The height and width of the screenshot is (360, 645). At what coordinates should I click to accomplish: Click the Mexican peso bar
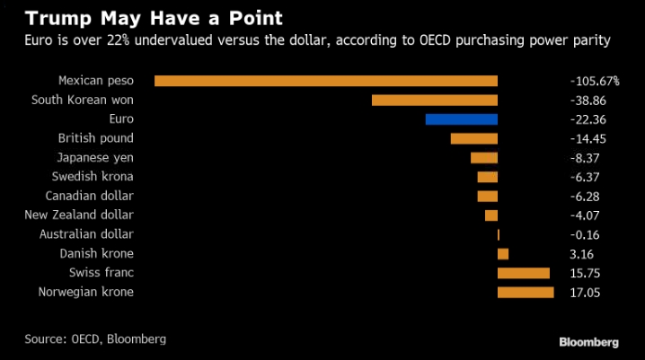coord(326,81)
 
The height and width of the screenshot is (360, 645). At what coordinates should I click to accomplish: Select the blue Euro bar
coord(462,119)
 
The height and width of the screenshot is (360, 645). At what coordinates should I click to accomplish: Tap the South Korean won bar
coord(435,100)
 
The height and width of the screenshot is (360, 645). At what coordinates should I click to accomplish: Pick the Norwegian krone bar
coord(526,292)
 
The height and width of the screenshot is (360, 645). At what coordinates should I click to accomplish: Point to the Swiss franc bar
coord(524,273)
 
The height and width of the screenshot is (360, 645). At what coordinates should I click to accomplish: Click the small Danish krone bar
coord(503,253)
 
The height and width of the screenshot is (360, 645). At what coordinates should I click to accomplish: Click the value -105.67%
coord(594,81)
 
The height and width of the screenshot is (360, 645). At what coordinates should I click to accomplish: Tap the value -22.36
coord(588,119)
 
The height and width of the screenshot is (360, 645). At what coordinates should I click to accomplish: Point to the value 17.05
coord(586,292)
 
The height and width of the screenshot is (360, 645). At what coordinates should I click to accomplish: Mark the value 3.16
coord(582,253)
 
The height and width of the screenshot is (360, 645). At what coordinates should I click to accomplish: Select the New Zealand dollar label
coord(79,215)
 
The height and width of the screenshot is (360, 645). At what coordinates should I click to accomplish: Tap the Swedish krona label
coord(93,177)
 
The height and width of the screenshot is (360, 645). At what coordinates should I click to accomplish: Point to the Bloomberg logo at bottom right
coord(588,342)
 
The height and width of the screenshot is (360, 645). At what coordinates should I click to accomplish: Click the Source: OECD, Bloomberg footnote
coord(95,339)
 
